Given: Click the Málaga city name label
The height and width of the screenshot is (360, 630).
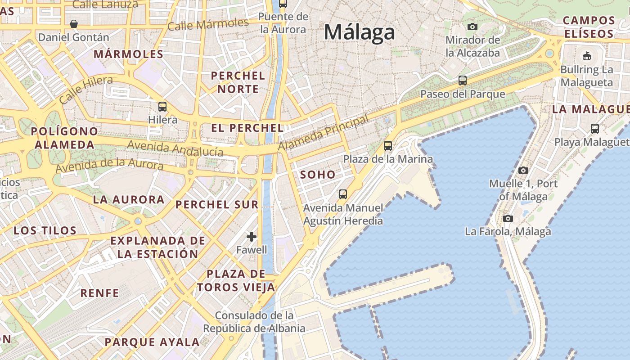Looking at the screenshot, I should (359, 32).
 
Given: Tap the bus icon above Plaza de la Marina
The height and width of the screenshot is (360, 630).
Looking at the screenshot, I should (387, 146).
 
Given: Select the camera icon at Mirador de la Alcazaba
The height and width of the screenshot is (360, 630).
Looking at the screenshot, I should (472, 27).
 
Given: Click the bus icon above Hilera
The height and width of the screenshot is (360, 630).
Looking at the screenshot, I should (162, 107).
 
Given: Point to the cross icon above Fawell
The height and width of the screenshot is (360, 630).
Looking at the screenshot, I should (252, 237).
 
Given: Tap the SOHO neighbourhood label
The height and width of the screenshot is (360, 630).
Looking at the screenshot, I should (318, 175).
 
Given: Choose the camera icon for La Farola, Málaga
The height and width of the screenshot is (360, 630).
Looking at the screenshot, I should (508, 219).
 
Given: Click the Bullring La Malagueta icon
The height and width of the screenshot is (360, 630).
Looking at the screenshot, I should (586, 56).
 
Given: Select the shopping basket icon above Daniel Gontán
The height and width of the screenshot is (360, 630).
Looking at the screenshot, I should (74, 23).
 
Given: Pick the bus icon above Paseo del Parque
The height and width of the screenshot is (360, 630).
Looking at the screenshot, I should (462, 81).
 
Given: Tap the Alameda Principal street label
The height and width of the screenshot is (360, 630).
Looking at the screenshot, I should (323, 133).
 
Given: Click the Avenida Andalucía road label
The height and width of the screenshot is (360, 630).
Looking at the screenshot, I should (175, 148).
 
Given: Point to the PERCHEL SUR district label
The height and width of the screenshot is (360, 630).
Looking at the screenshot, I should (217, 205).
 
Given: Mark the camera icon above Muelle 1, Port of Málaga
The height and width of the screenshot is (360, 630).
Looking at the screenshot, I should (523, 170).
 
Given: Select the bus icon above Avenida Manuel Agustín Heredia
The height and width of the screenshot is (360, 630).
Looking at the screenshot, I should (343, 194).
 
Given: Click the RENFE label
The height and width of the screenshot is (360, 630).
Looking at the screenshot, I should (99, 293).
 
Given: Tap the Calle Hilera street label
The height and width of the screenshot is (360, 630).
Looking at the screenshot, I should (86, 90).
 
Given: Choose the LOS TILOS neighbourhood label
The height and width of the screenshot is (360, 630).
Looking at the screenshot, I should (45, 231).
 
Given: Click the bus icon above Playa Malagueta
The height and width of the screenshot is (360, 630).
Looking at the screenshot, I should (594, 129).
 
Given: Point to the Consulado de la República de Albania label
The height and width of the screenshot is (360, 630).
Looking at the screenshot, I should (254, 322).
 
